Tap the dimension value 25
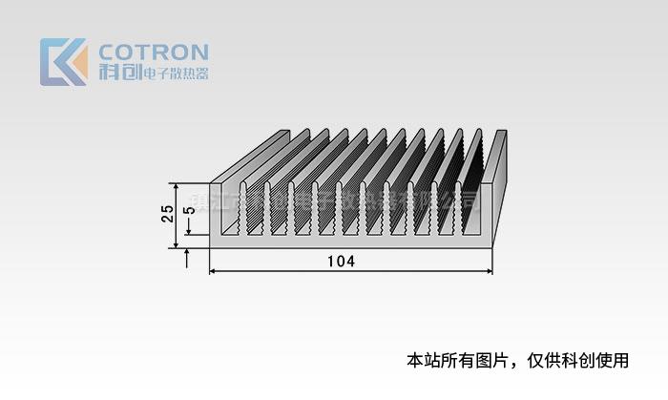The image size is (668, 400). [167, 214]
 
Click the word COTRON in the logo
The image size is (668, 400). [154, 52]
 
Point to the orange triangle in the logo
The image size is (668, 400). [78, 63]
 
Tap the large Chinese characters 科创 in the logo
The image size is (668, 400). [118, 73]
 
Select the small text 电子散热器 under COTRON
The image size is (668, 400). [175, 74]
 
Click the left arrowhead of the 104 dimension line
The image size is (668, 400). [212, 272]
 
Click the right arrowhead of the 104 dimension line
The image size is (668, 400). [490, 272]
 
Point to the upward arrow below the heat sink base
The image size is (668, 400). [188, 256]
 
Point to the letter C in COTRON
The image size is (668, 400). [109, 52]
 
